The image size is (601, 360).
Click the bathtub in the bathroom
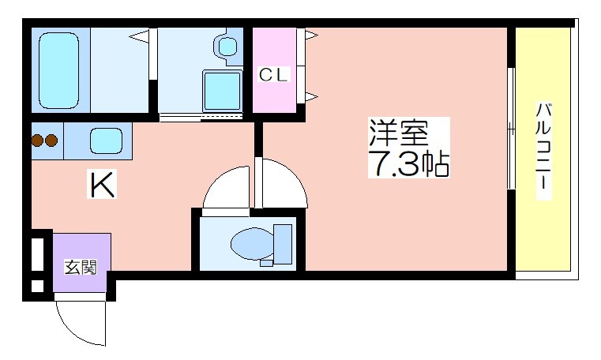click(58, 70)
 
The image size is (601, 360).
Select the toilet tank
click(283, 244)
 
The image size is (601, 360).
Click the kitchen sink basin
click(106, 141)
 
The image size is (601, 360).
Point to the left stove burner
click(38, 141)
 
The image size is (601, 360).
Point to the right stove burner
click(51, 141)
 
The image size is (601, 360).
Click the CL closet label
click(273, 75)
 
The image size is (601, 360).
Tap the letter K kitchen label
click(102, 185)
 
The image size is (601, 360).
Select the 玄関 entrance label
click(80, 267)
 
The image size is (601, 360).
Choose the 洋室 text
click(399, 133)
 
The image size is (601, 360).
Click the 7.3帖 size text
click(408, 163)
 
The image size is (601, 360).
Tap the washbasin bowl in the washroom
click(227, 47)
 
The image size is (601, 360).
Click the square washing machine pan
click(222, 91)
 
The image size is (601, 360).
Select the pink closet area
click(274, 70)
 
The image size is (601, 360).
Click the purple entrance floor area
click(81, 263)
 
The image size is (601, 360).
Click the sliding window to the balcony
click(511, 129)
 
